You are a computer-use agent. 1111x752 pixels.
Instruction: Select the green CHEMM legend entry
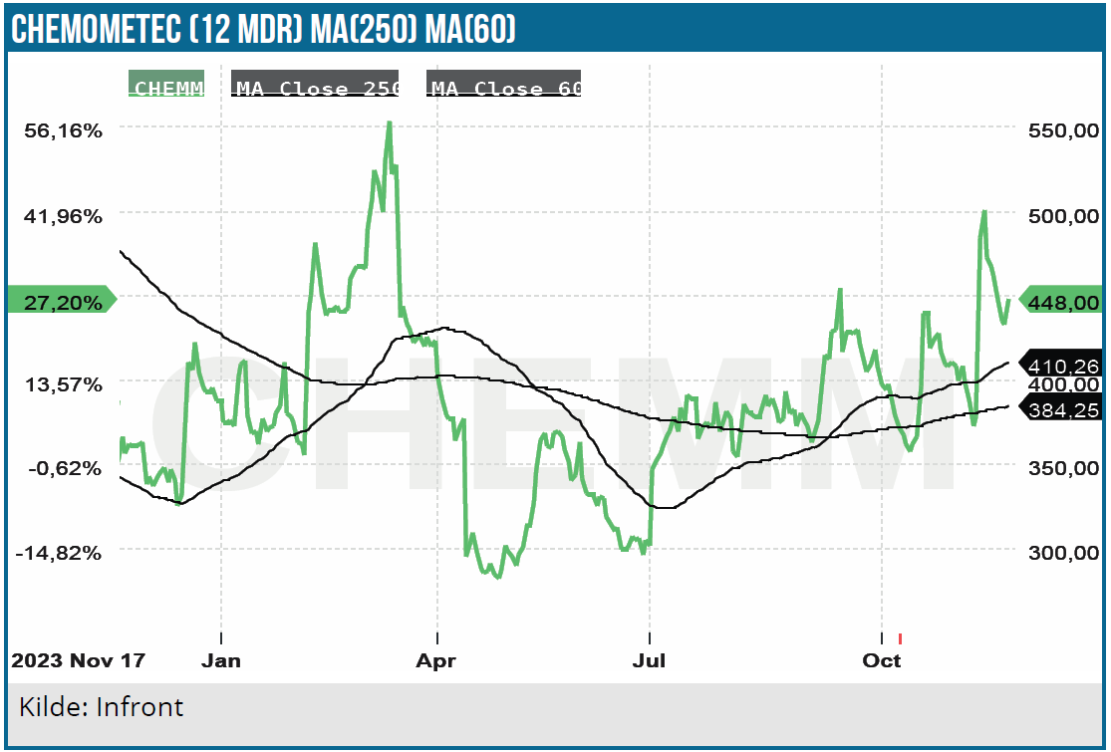167,87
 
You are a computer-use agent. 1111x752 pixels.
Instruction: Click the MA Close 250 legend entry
316,87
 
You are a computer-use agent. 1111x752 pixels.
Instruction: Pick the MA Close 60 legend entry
505,87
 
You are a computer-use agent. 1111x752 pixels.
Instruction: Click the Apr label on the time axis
436,660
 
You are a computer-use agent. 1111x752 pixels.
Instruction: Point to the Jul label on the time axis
650,660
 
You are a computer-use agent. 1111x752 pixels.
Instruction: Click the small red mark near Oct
900,638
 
